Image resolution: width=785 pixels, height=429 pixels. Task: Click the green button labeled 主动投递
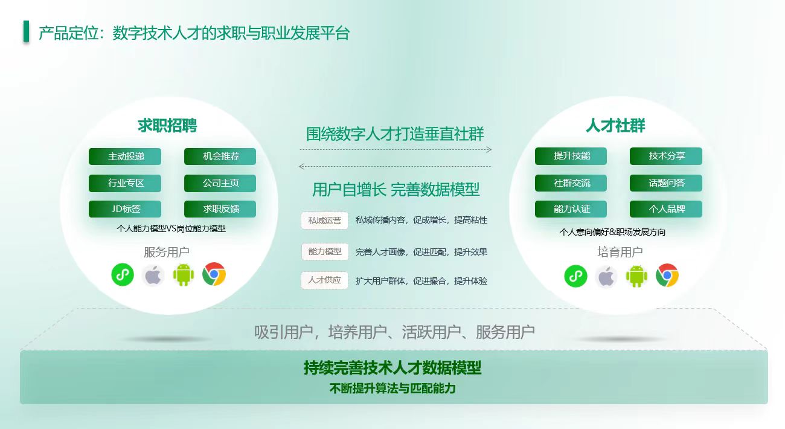[x=125, y=156]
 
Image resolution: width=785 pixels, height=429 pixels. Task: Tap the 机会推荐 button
[x=220, y=156]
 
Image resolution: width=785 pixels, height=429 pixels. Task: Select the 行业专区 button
[x=125, y=183]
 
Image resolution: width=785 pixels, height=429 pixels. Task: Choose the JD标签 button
[x=125, y=209]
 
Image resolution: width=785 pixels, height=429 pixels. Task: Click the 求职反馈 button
[x=220, y=209]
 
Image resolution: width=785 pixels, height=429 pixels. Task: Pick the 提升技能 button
[x=571, y=156]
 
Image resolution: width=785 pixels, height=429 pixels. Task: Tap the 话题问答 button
[x=666, y=182]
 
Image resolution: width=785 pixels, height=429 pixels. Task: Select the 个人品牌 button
[x=666, y=209]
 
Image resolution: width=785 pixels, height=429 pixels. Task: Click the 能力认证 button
[x=571, y=209]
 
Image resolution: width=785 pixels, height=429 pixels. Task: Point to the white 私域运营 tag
[x=324, y=221]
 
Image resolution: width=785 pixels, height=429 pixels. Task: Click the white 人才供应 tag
[x=324, y=280]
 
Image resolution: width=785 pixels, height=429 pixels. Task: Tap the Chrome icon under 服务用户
[x=214, y=274]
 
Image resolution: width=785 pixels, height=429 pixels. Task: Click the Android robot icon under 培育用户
[x=636, y=276]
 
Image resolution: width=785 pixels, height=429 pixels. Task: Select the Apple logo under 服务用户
[x=153, y=276]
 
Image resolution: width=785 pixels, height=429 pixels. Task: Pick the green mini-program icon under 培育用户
[x=576, y=276]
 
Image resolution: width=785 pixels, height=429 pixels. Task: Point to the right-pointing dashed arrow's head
[x=490, y=150]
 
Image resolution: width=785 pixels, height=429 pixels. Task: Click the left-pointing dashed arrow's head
[x=301, y=167]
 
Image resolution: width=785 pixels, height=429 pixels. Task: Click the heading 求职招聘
[x=167, y=126]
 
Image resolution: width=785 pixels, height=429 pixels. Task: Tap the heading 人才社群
[x=615, y=126]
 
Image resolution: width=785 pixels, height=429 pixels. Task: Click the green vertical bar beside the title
[x=27, y=31]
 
